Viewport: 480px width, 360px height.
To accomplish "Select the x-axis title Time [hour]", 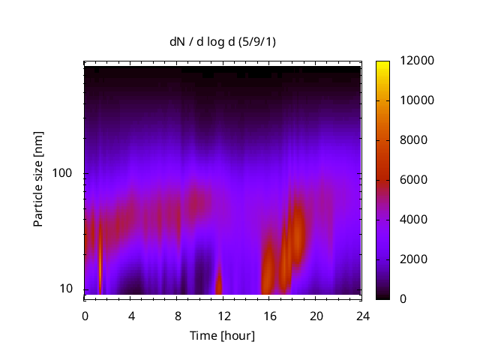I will click(x=222, y=335).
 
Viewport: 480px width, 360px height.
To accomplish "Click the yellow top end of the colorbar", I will click(x=383, y=64).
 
